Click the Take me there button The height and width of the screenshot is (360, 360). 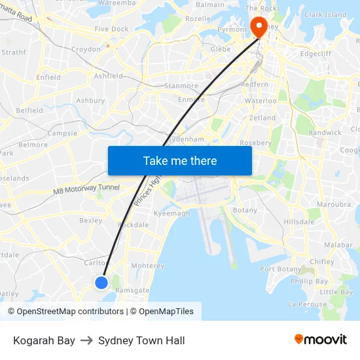(x=180, y=160)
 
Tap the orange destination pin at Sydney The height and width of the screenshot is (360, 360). (x=259, y=27)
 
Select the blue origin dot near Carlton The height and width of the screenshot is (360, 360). (x=101, y=282)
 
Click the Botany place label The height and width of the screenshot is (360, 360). (x=245, y=211)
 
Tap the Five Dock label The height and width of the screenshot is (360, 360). (x=111, y=29)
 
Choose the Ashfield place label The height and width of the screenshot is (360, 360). (x=109, y=76)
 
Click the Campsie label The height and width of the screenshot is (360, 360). (x=62, y=133)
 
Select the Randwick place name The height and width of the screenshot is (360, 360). (x=325, y=132)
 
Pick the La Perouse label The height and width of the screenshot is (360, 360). (x=307, y=304)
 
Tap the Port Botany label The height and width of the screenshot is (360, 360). (x=281, y=269)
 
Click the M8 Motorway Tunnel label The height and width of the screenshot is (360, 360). (x=86, y=189)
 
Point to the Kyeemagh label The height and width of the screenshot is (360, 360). (x=171, y=214)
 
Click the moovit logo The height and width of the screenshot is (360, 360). (x=321, y=339)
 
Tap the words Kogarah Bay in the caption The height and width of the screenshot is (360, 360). (x=44, y=340)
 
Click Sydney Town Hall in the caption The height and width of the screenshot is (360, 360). (x=141, y=340)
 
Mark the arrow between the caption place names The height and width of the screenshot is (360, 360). (x=87, y=340)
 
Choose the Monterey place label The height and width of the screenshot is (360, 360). (x=148, y=266)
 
